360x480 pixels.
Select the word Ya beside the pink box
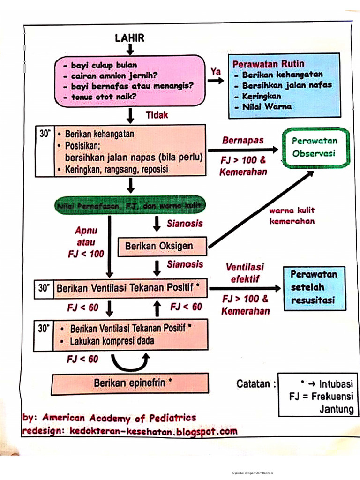tap(216, 72)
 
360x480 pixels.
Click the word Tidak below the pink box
tap(157, 115)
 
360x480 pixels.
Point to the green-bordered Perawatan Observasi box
tap(315, 147)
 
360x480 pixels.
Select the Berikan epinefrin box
tap(130, 383)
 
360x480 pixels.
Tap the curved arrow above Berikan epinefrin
tap(130, 362)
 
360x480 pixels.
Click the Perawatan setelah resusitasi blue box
tap(314, 287)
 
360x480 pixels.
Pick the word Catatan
tap(253, 384)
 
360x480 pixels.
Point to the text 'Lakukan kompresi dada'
tap(112, 342)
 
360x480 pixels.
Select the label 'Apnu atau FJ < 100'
tap(86, 242)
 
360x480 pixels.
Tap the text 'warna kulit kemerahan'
tap(292, 216)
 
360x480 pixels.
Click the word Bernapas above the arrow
tap(243, 140)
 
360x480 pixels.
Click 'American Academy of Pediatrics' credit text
tap(119, 418)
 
